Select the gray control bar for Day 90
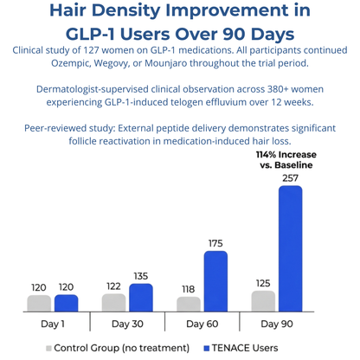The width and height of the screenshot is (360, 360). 264,300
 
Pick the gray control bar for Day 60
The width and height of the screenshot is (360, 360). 189,304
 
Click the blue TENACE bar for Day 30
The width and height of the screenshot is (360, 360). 140,297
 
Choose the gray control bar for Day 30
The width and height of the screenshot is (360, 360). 113,302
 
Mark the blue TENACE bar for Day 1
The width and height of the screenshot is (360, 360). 66,302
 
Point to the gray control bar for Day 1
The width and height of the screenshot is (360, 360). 39,302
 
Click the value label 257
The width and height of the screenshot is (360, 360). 290,177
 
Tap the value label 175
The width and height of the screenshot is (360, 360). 215,242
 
